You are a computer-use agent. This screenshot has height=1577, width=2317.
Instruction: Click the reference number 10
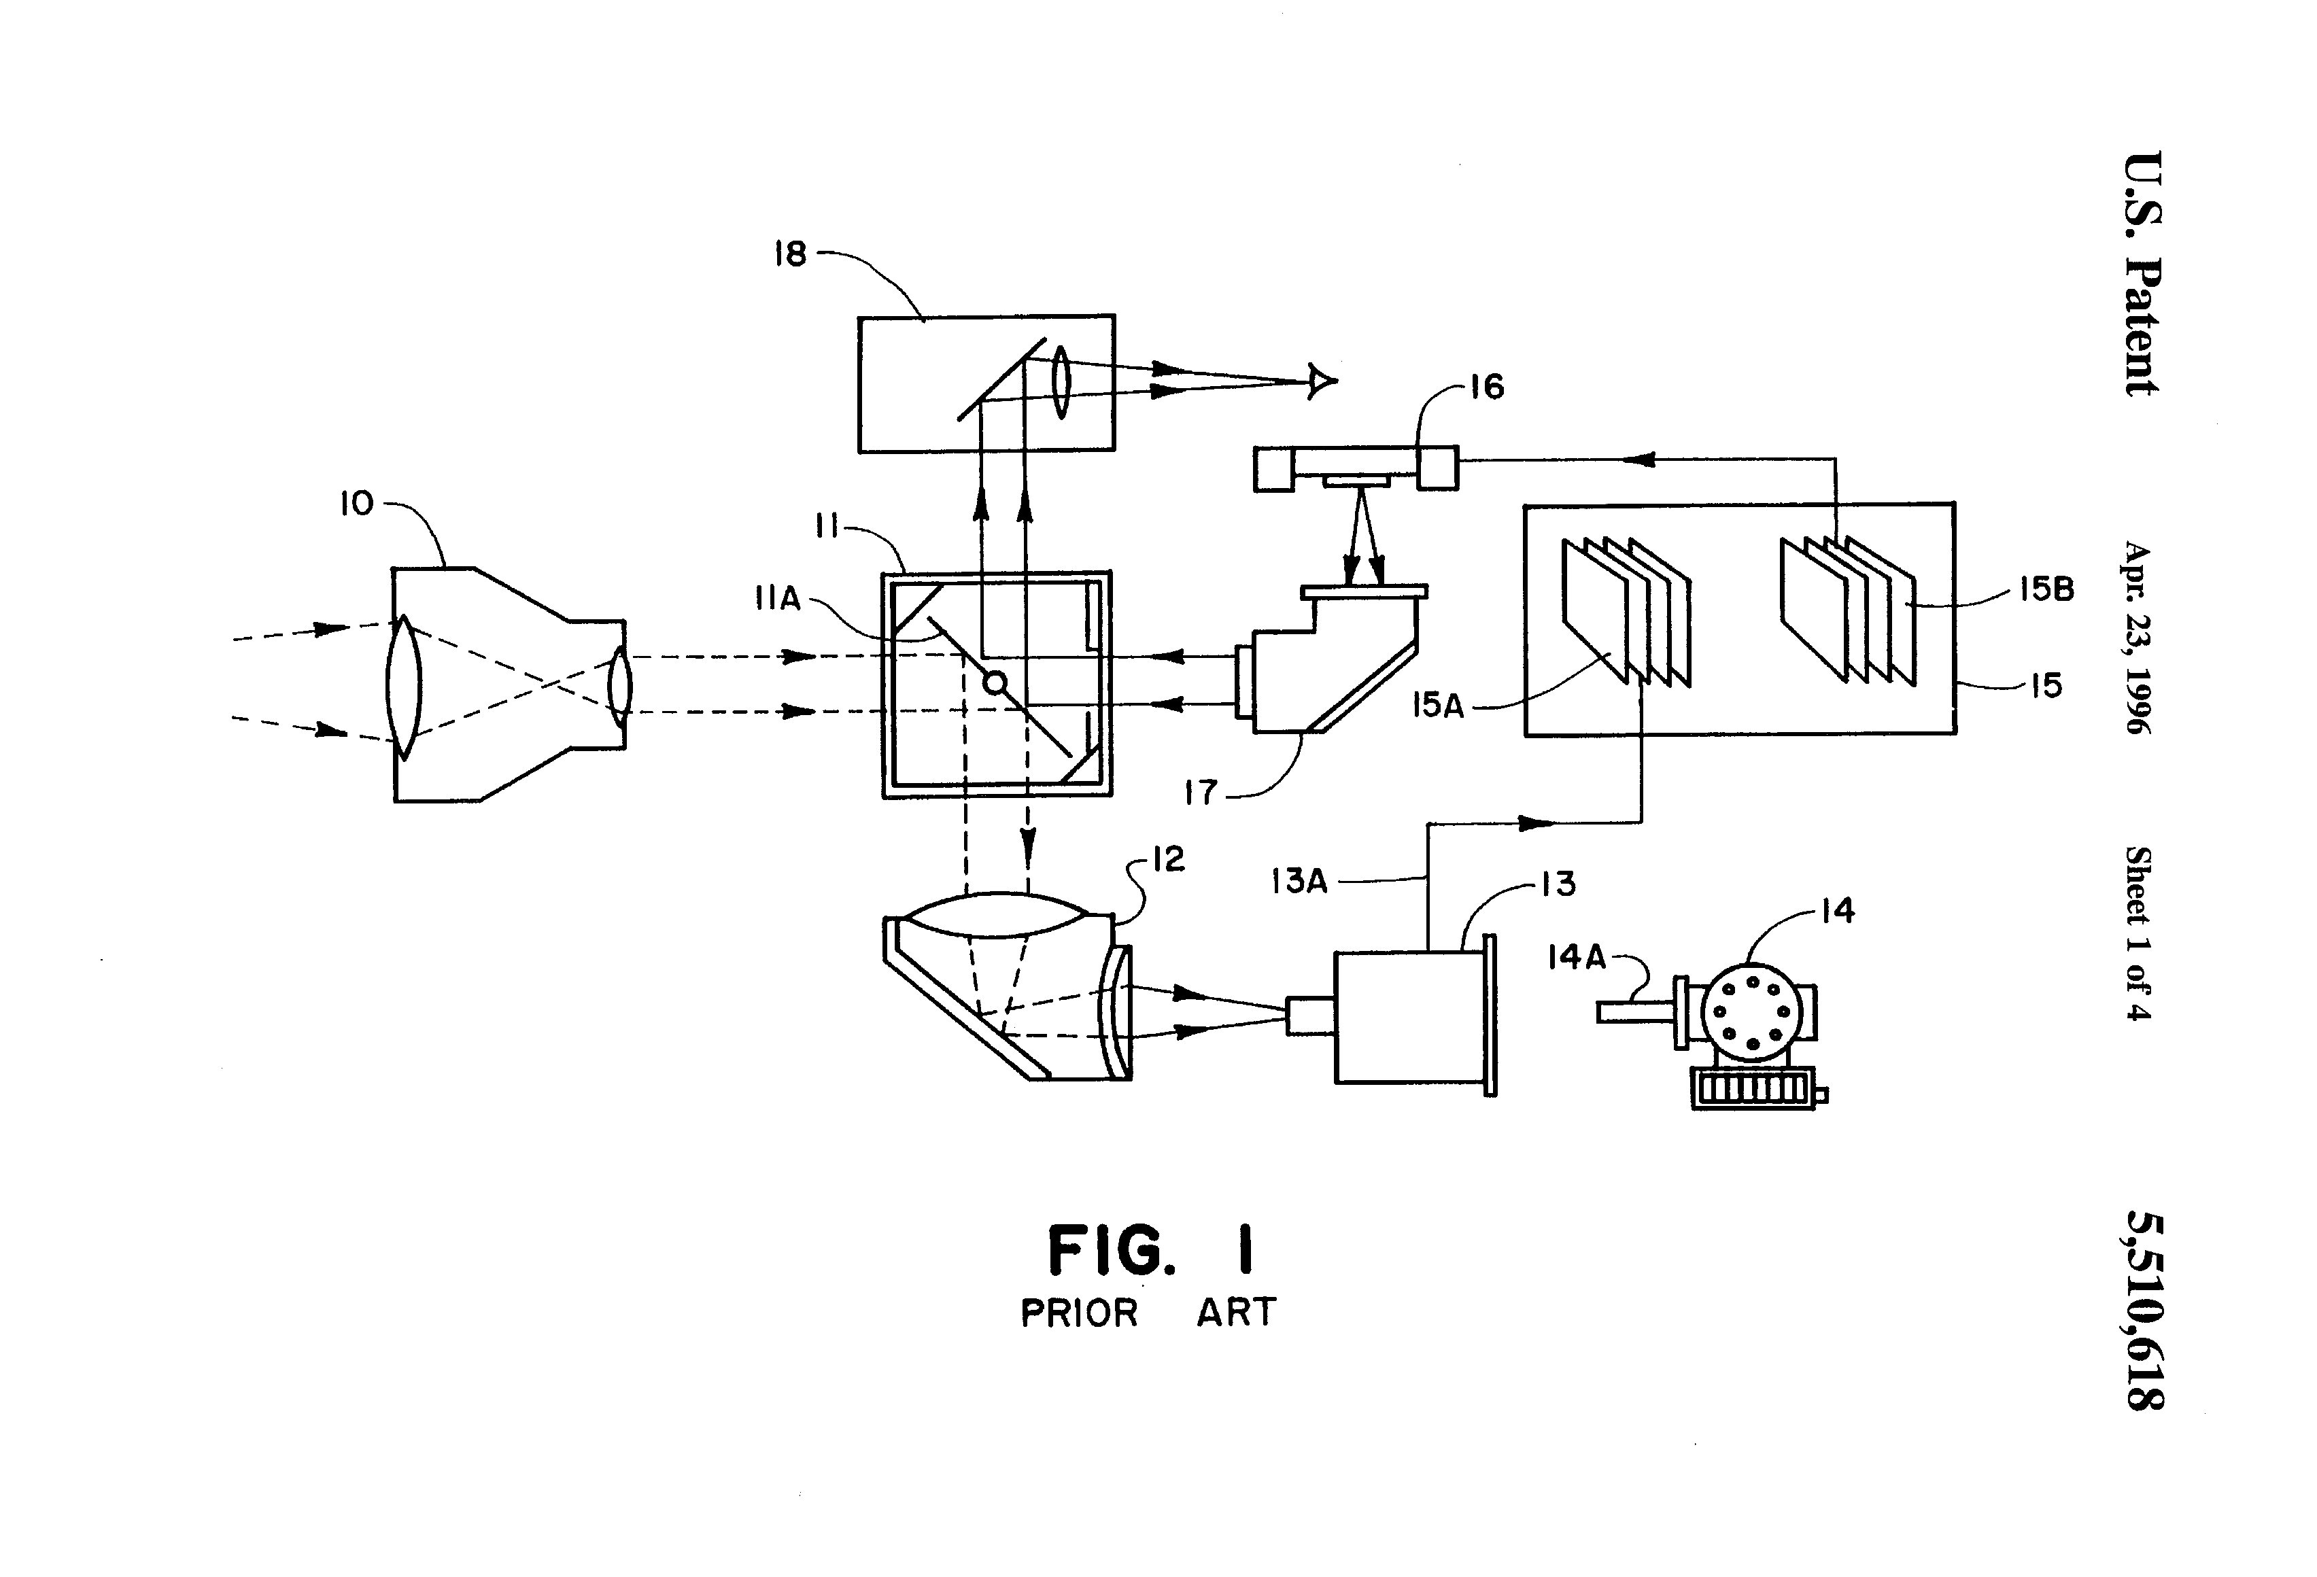[x=357, y=504]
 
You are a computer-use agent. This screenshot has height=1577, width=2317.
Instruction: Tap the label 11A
[x=778, y=598]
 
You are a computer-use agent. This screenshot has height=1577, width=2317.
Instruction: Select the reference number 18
[x=791, y=254]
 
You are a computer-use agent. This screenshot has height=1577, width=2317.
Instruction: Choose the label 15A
[x=1438, y=707]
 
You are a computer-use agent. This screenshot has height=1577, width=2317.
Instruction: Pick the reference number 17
[x=1201, y=793]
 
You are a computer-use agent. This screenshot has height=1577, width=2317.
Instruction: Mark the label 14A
[x=1576, y=958]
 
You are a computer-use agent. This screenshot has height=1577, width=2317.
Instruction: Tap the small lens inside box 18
[x=1060, y=382]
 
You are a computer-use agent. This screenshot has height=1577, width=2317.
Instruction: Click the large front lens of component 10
[x=404, y=688]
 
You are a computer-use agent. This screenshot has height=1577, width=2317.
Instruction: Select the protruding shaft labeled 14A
[x=1636, y=1011]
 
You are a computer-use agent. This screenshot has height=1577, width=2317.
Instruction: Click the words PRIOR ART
[x=1148, y=1313]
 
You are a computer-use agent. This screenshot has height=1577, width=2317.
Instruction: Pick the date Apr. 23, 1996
[x=2139, y=638]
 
